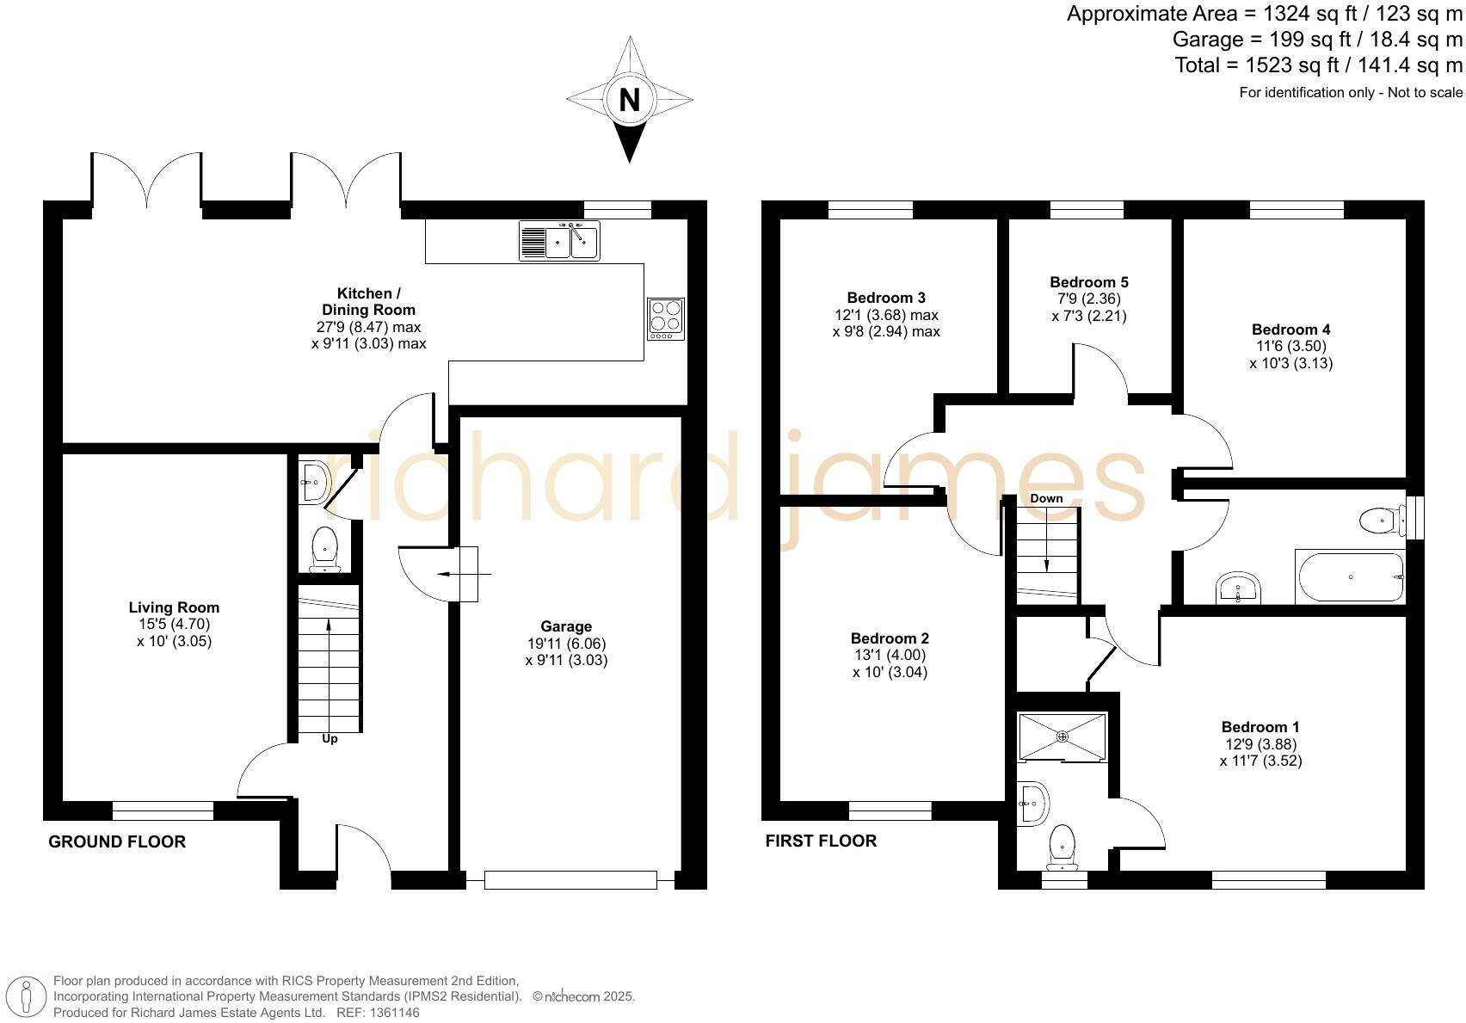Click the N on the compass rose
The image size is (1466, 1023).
(x=630, y=100)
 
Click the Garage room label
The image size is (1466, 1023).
(x=566, y=626)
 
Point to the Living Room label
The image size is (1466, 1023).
(x=174, y=607)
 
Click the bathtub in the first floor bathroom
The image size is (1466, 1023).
(x=1350, y=577)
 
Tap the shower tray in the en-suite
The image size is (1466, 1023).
(x=1063, y=736)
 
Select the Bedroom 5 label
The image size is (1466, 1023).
(x=1089, y=282)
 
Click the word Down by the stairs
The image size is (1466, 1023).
(x=1046, y=498)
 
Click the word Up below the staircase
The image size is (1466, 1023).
(x=330, y=739)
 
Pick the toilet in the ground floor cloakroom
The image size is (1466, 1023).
(x=324, y=548)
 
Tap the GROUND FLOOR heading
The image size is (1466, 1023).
(x=117, y=841)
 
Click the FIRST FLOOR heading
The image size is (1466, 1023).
(x=821, y=841)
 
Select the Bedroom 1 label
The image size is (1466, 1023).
(x=1260, y=727)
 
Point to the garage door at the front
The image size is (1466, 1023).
(x=570, y=879)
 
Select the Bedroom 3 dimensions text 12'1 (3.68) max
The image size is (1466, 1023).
(x=886, y=315)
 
